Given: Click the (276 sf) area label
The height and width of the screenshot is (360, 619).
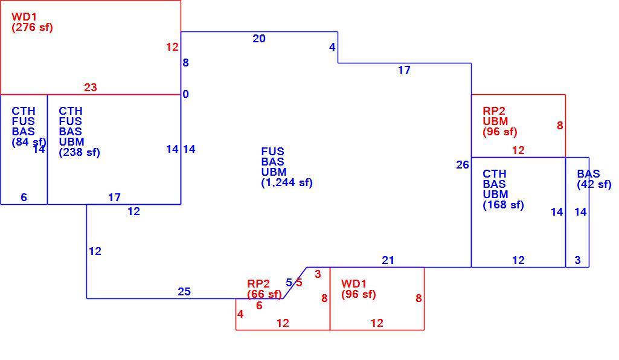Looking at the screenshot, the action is click(x=32, y=27).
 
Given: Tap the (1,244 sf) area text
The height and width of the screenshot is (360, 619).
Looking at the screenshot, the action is click(x=287, y=182).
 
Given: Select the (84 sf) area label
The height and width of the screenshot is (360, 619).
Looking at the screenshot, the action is click(x=29, y=142).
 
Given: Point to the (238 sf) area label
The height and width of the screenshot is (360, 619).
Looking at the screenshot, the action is click(x=79, y=152).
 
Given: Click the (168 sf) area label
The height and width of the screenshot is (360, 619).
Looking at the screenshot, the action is click(x=503, y=205).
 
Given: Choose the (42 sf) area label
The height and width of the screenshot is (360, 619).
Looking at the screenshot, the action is click(x=594, y=184).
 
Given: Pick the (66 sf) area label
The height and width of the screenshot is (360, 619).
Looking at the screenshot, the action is click(x=265, y=294).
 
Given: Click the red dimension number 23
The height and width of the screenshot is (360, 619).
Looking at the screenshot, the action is click(x=91, y=87).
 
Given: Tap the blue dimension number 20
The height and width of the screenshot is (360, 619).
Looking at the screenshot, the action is click(x=259, y=39).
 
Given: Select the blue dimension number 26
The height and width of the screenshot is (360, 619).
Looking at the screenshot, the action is click(x=462, y=165).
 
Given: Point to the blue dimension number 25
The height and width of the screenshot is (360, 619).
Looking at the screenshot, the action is click(x=184, y=292).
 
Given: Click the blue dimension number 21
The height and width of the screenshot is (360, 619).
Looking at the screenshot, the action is click(x=388, y=260).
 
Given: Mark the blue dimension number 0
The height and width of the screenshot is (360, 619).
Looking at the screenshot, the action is click(x=185, y=94).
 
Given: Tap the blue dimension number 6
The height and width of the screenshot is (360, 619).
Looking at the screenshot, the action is click(x=24, y=198).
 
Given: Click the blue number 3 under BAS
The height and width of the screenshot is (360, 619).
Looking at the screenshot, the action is click(x=577, y=260).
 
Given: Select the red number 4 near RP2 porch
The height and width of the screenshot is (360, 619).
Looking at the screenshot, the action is click(x=240, y=314).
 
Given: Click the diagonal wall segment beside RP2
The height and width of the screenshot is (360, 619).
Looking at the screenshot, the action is click(x=295, y=283).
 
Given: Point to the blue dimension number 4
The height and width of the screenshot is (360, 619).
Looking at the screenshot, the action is click(x=332, y=47).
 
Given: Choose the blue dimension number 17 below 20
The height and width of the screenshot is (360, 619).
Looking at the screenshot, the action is click(x=404, y=70).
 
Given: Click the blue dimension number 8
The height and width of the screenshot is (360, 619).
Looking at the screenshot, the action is click(x=185, y=63).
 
